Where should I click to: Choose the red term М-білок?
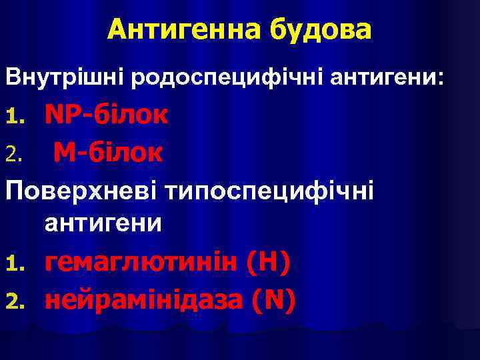coord(107,153)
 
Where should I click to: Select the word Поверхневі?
coord(86,191)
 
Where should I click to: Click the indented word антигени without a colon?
coord(103,222)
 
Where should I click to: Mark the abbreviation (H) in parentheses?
coord(267,263)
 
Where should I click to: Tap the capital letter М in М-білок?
coord(65,153)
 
